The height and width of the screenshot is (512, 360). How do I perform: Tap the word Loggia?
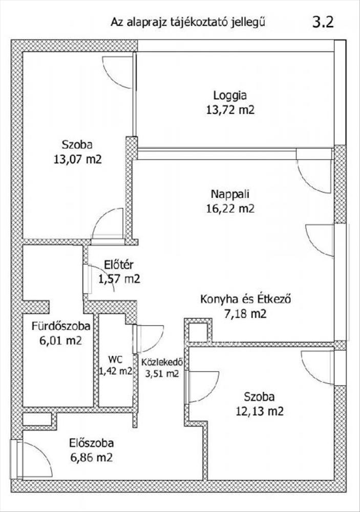click(x=230, y=96)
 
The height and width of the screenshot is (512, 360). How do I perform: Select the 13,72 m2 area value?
click(x=230, y=110)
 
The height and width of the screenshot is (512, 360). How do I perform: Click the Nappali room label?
click(x=230, y=194)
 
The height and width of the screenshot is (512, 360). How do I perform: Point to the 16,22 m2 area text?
click(x=230, y=208)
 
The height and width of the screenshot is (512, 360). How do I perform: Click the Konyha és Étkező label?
click(x=245, y=299)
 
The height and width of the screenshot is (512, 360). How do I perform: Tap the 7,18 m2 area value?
click(x=245, y=314)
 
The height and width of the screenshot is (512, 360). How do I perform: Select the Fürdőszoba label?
click(x=61, y=326)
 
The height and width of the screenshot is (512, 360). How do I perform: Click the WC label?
click(x=116, y=359)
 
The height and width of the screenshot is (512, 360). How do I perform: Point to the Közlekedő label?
click(x=162, y=362)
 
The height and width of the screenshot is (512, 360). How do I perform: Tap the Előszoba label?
click(x=92, y=443)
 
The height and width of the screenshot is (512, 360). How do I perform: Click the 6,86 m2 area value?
click(x=92, y=457)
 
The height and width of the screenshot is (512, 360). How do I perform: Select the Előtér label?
click(x=119, y=265)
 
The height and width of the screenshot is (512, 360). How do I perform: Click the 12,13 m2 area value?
click(x=260, y=411)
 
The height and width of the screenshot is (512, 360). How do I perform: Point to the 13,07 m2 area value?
click(x=77, y=159)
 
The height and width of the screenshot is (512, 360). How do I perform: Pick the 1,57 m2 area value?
click(x=119, y=279)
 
